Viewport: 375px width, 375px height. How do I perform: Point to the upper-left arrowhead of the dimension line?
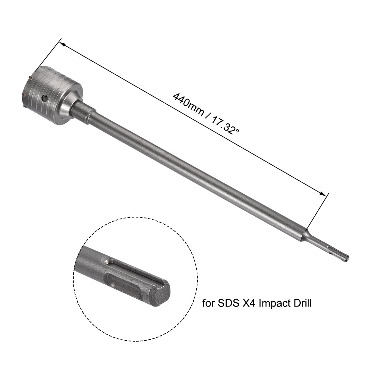(62, 43)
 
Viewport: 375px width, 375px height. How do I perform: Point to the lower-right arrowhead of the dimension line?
(322, 194)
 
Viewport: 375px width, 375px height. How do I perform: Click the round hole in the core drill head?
(43, 99)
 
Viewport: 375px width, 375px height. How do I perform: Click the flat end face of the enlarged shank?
(160, 292)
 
